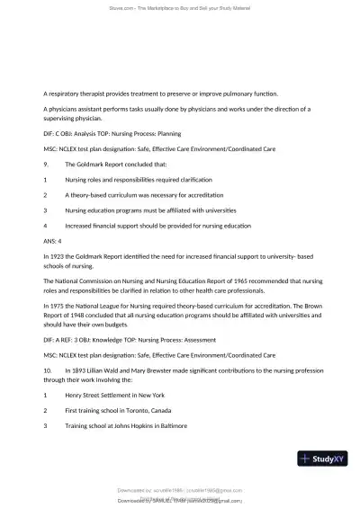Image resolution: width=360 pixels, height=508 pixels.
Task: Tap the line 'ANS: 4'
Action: point(53,240)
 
